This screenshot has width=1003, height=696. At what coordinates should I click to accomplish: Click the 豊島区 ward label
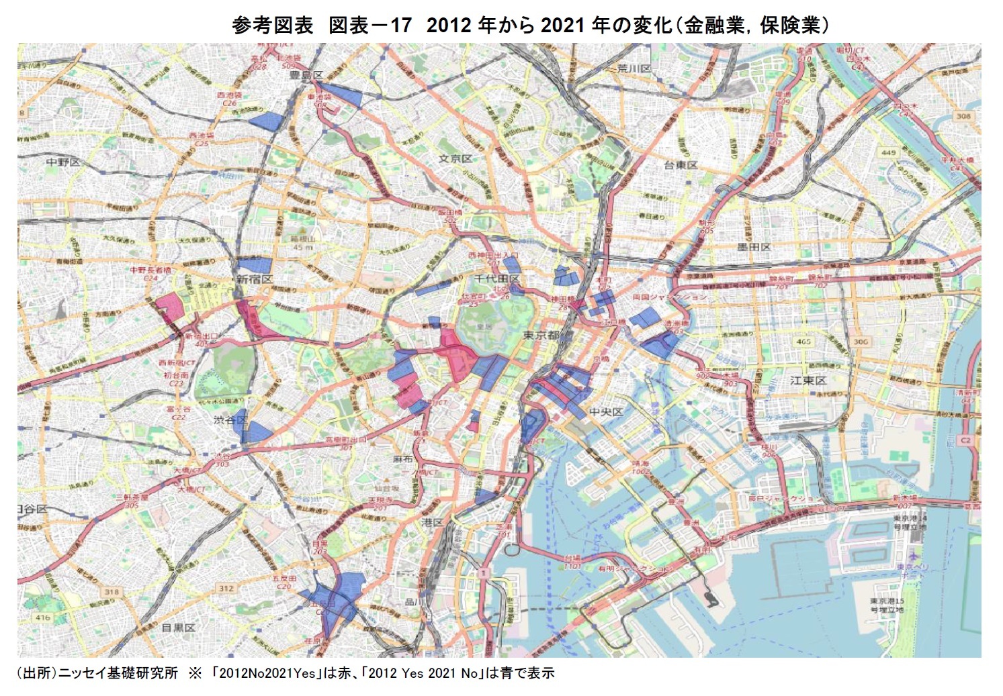(x=306, y=75)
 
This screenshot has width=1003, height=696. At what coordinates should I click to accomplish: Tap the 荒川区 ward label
(x=634, y=69)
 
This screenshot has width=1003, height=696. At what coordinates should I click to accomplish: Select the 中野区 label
(x=63, y=162)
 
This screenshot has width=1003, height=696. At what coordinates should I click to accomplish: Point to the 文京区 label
(x=455, y=159)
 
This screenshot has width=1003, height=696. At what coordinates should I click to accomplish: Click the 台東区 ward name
(x=681, y=165)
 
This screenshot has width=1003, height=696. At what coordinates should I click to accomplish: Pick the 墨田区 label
(x=754, y=247)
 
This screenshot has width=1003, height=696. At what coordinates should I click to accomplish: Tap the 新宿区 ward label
(x=254, y=279)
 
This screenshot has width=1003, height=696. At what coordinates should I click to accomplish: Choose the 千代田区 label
(x=497, y=279)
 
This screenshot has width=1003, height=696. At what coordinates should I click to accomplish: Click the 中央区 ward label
(x=606, y=411)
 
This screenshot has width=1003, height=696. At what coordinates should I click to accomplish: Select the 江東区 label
(x=808, y=381)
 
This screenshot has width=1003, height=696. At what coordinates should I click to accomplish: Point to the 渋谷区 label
(x=230, y=420)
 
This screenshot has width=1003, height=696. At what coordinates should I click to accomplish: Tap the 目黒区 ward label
(x=178, y=628)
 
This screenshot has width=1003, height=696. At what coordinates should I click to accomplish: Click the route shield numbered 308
(x=963, y=116)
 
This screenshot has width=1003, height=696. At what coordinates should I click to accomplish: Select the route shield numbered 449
(x=888, y=152)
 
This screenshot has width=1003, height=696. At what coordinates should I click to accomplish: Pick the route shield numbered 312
(x=226, y=589)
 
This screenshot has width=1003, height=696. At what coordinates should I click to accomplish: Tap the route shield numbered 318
(x=112, y=592)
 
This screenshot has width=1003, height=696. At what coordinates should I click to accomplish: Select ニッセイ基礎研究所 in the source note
(x=118, y=673)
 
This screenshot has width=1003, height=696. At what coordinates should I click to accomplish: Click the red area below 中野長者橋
(x=170, y=307)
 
